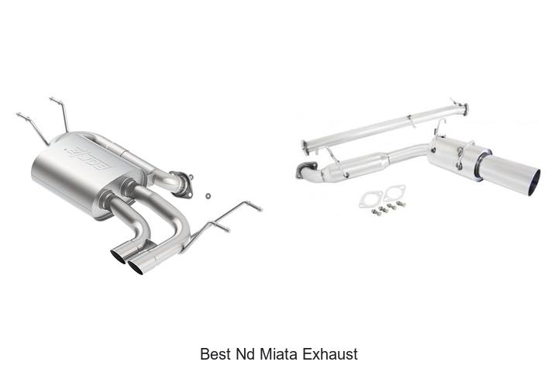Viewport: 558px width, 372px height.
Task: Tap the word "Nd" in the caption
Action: click(244, 354)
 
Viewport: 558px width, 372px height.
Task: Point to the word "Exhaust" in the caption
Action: click(331, 354)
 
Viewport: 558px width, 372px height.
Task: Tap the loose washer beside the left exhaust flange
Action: click(208, 195)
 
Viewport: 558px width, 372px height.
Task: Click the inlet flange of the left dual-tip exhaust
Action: click(182, 184)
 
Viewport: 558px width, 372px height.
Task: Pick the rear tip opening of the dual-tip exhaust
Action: click(119, 257)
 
